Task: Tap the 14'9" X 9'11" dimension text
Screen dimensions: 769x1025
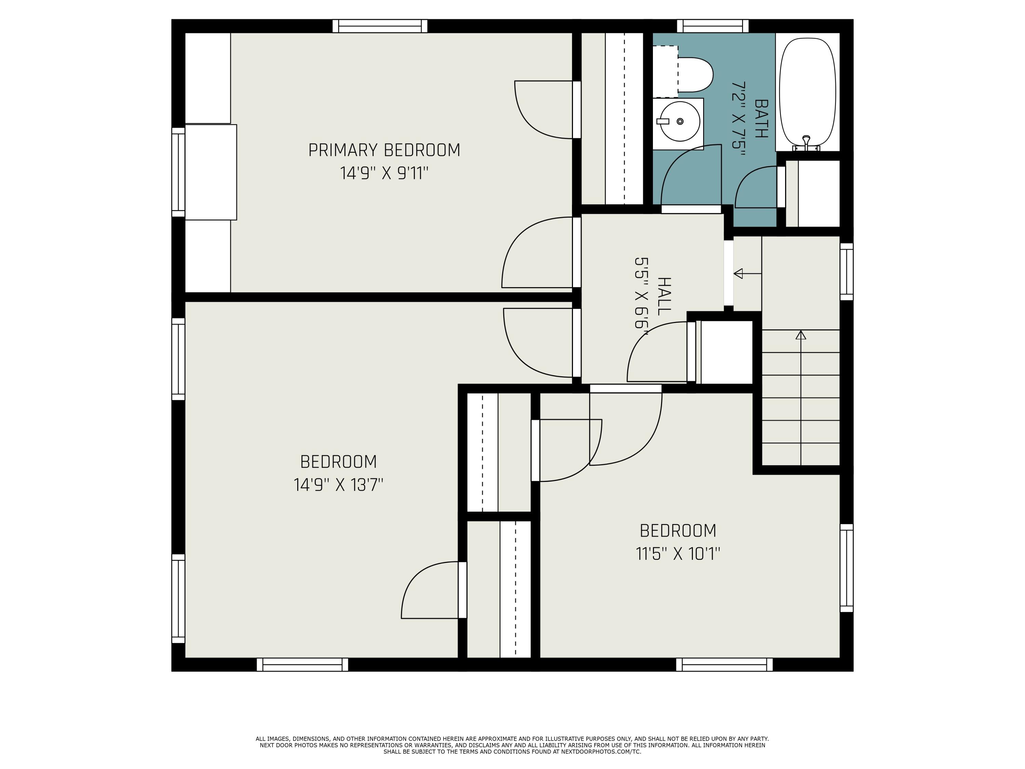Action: (x=384, y=173)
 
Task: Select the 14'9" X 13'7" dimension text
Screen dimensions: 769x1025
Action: (x=338, y=485)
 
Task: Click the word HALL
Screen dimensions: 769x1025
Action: (x=664, y=296)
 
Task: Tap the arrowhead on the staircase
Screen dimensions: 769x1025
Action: (x=801, y=335)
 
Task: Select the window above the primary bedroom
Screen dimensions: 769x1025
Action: (x=380, y=26)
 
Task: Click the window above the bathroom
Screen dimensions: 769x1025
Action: (x=712, y=26)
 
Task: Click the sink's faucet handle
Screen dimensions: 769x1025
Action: (x=662, y=121)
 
